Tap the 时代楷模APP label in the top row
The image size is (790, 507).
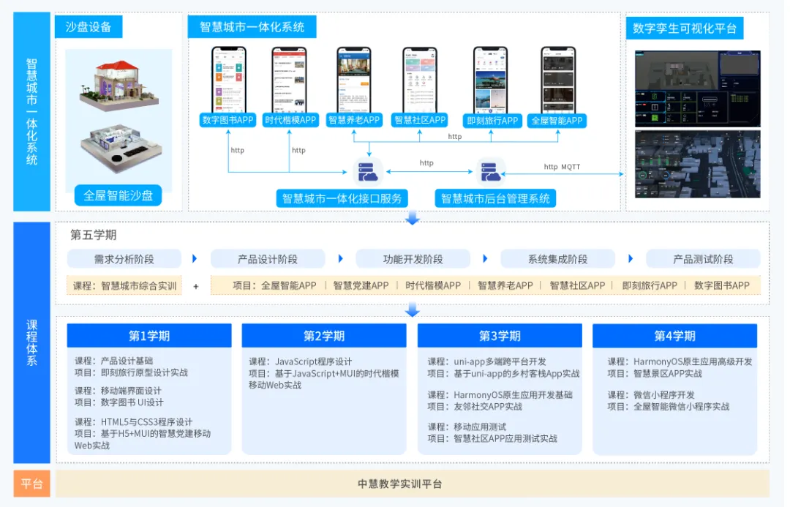coord(290,120)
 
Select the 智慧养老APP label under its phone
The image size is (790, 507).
coord(354,120)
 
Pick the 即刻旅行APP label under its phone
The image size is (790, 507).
coord(492,121)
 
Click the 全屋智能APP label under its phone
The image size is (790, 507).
coord(557,120)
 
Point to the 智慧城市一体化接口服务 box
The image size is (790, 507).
coord(342,198)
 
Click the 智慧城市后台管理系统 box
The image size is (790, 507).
coord(495,198)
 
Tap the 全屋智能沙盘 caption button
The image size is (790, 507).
coord(118,195)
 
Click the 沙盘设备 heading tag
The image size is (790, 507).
coord(89,28)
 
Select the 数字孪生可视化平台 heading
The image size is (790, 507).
coord(685,29)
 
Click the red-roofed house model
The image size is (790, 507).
coord(118,85)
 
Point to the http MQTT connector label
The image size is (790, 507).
coord(562,167)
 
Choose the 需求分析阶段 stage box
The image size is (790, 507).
coord(124,259)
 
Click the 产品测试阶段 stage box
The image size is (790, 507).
coord(703,259)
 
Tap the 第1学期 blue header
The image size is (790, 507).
coord(149,336)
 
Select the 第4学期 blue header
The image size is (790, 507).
coord(674,336)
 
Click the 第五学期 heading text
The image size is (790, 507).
coord(93,235)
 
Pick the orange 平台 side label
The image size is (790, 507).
coord(31,484)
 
